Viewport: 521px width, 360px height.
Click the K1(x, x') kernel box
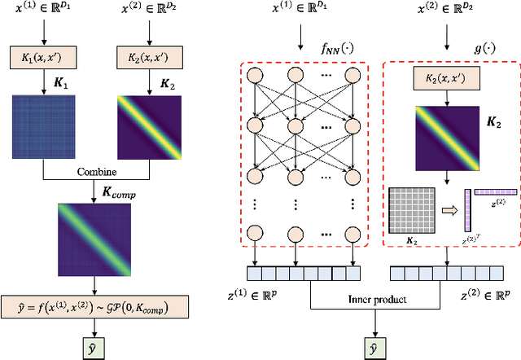click(43, 59)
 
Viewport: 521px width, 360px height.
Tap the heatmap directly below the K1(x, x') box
click(43, 123)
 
